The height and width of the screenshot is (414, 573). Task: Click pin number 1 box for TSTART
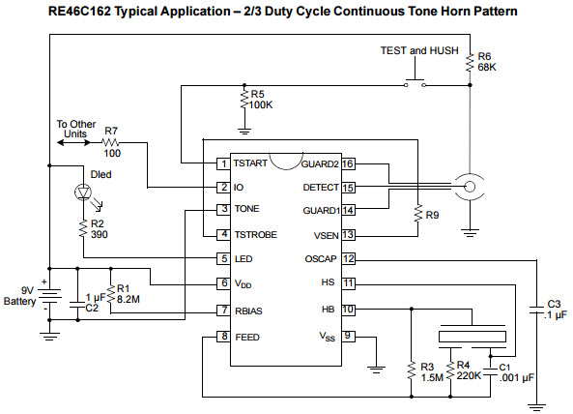[223, 163]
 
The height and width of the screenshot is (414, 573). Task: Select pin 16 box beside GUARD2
[348, 163]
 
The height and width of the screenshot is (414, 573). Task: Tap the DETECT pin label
[321, 188]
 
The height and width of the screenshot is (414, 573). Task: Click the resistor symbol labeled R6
[470, 63]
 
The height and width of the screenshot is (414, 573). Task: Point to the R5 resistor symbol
[244, 99]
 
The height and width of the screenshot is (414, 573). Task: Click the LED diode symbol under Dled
[83, 192]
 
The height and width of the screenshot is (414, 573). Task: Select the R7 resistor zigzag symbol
[110, 142]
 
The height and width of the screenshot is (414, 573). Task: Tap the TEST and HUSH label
[419, 50]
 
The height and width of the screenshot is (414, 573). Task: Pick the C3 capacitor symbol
[536, 310]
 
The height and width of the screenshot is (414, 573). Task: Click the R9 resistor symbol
[418, 214]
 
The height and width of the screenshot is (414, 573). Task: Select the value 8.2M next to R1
[129, 300]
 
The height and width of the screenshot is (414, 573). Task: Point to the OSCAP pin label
[321, 259]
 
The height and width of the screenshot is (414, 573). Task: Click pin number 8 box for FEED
[223, 337]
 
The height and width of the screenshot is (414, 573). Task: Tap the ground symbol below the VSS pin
[376, 370]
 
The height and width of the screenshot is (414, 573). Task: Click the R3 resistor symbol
[412, 370]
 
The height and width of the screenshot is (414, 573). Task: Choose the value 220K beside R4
[469, 376]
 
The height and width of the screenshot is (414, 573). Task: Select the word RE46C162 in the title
[79, 12]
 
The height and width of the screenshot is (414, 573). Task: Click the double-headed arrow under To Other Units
[73, 142]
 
